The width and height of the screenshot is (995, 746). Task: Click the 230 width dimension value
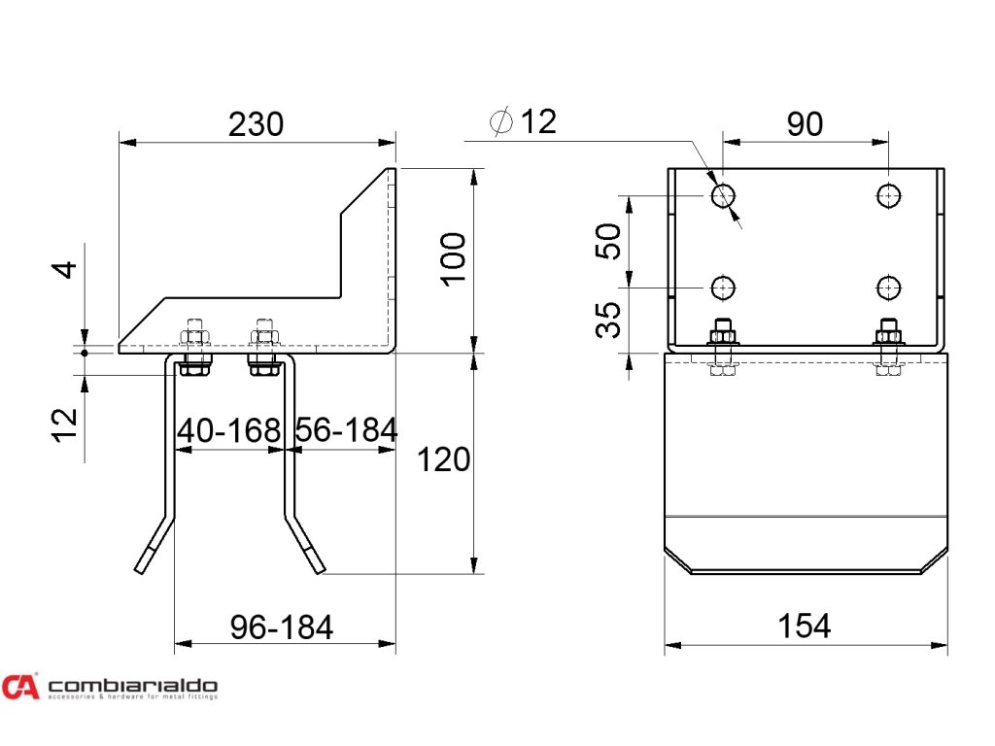click(256, 124)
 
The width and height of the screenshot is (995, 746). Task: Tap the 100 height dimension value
click(453, 258)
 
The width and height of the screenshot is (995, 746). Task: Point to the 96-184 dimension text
click(282, 627)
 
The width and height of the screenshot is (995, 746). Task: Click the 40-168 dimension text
click(228, 429)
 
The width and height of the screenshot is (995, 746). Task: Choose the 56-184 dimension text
click(346, 429)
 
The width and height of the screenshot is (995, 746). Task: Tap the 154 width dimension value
click(805, 627)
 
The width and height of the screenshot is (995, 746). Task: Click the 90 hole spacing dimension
click(805, 124)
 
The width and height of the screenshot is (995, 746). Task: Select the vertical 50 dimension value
click(608, 241)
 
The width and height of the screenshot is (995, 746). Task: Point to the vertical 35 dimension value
click(608, 320)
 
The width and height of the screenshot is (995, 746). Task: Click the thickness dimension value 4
click(63, 267)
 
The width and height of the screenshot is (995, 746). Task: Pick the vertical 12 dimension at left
click(63, 424)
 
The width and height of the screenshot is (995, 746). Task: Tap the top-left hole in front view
click(723, 196)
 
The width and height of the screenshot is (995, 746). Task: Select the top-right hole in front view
click(888, 196)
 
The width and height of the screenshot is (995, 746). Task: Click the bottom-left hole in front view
click(723, 288)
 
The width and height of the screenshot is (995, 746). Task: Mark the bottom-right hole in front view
click(888, 288)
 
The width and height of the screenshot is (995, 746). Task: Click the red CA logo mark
click(19, 687)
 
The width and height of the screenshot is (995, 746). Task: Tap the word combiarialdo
click(132, 685)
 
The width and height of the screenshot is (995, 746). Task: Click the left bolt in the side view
click(194, 347)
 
